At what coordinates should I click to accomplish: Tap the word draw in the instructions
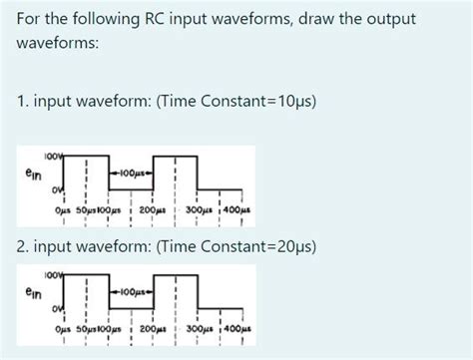click(x=325, y=21)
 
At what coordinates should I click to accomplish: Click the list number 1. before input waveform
click(x=23, y=101)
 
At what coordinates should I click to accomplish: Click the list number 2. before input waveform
click(x=23, y=246)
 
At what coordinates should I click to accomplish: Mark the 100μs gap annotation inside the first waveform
click(x=133, y=173)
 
